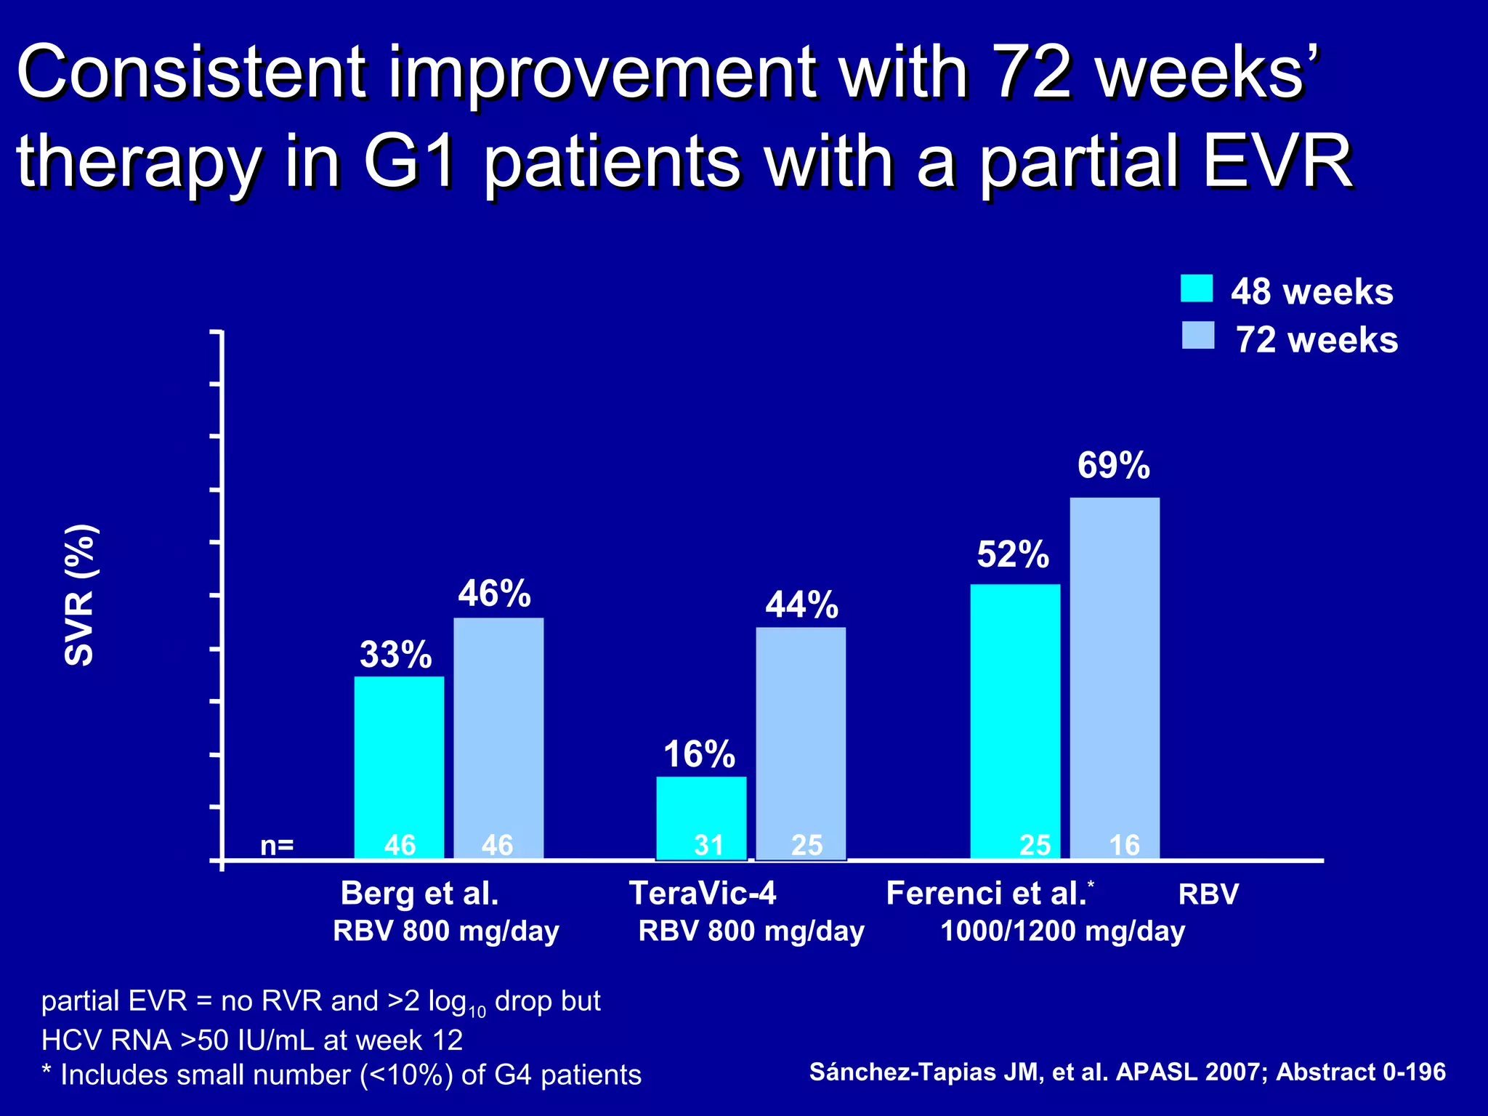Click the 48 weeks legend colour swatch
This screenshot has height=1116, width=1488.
click(1196, 288)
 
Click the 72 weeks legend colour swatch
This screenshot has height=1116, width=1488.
click(1197, 336)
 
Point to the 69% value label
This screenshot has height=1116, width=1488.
click(1113, 466)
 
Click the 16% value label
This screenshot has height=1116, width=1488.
click(699, 754)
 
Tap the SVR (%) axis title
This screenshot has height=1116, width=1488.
click(80, 594)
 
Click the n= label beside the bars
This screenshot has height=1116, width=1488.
click(277, 845)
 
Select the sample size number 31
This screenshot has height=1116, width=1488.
click(708, 845)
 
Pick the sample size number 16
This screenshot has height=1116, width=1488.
click(1124, 845)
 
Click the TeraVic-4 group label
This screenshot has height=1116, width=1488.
click(703, 893)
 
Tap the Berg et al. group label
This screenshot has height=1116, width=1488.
click(419, 893)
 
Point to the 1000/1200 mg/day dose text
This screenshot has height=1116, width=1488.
click(1062, 931)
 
